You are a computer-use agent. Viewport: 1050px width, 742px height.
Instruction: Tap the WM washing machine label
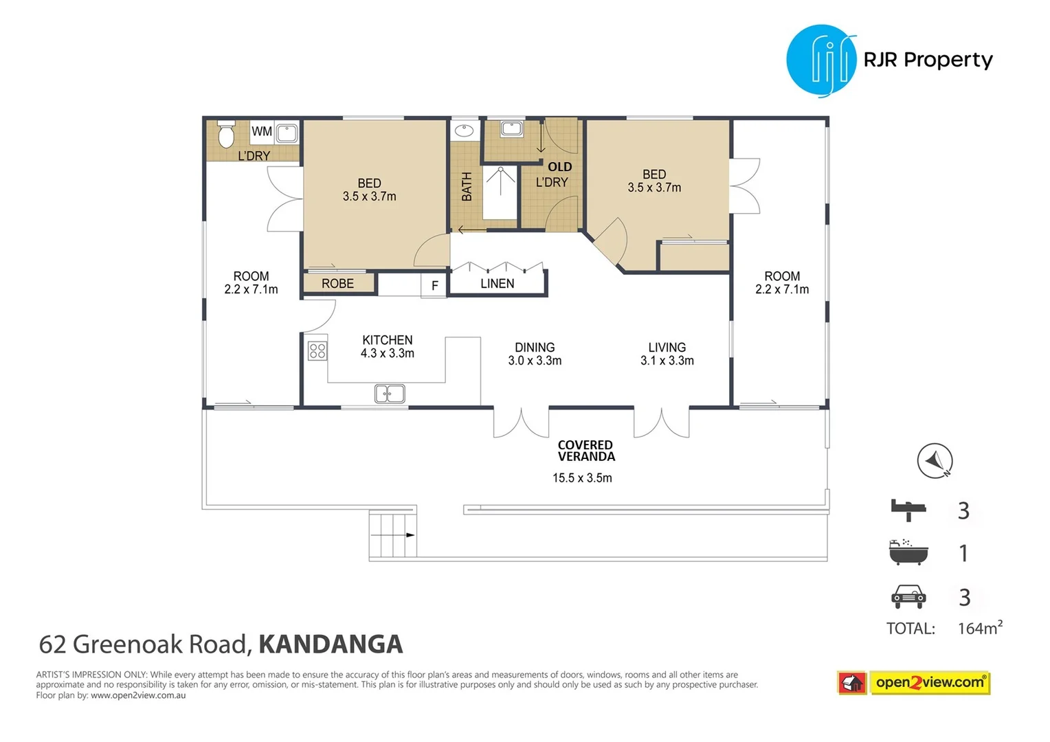(x=261, y=131)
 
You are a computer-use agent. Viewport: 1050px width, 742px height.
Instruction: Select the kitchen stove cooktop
(x=317, y=351)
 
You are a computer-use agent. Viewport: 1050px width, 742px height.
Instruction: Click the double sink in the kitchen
(x=390, y=394)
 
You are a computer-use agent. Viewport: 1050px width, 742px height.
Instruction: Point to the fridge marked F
(x=434, y=286)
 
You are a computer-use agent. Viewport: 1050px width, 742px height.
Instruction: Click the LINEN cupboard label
(x=497, y=283)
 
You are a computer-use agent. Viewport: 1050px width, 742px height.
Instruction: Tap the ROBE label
(x=337, y=283)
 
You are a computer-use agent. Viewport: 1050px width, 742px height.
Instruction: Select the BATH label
(x=467, y=187)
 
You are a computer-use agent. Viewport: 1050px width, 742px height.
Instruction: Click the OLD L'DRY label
(x=554, y=175)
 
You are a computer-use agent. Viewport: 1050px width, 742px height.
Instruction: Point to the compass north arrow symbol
(x=935, y=461)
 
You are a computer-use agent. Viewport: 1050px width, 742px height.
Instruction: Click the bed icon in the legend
(x=908, y=510)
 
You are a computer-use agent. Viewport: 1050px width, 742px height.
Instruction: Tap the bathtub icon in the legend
(x=908, y=552)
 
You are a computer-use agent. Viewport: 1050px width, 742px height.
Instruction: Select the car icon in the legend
(x=908, y=596)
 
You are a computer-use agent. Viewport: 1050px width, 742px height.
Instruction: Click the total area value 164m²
(x=979, y=628)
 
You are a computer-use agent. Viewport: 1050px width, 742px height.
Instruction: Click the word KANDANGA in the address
(x=331, y=644)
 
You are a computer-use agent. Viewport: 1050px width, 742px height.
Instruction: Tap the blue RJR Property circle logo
(x=821, y=60)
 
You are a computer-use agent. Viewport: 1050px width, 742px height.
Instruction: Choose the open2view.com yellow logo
(x=930, y=682)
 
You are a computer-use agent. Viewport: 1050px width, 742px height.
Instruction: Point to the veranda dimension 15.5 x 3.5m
(x=582, y=477)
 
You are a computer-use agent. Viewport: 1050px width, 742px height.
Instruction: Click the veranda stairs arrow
(x=410, y=535)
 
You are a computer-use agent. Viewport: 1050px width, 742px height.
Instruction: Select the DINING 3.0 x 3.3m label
(x=535, y=354)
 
